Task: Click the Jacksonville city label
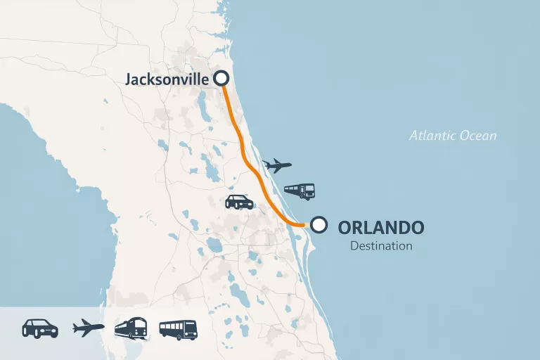[x=167, y=79]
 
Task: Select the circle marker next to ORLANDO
[x=319, y=225]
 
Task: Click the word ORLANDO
[x=381, y=228]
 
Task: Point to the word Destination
[x=381, y=246]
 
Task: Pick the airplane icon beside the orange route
[x=276, y=166]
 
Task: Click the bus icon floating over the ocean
[x=299, y=191]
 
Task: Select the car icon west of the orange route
[x=239, y=202]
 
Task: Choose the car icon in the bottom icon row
[x=40, y=328]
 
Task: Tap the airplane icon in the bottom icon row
[x=89, y=328]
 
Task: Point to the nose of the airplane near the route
[x=289, y=166]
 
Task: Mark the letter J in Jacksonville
[x=129, y=79]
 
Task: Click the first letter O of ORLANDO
[x=345, y=228]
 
